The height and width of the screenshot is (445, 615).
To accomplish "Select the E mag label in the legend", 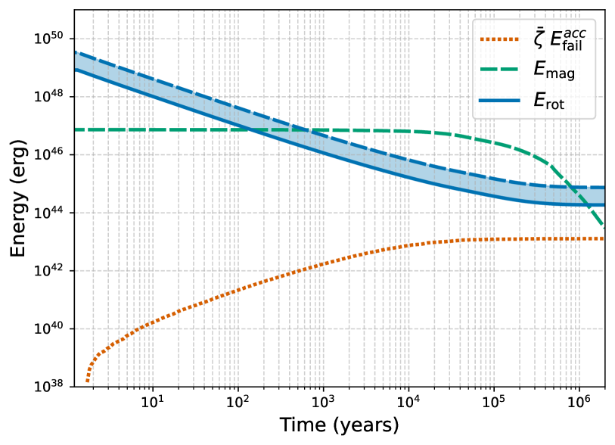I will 554,70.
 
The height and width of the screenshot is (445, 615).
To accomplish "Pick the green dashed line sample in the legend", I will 499,69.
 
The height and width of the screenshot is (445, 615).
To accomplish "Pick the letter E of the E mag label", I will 540,69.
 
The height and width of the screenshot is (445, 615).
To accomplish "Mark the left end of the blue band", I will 76,62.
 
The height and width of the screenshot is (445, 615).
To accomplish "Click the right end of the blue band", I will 604,197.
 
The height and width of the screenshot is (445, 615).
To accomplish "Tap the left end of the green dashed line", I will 76,129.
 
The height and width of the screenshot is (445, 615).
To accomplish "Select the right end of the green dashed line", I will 604,227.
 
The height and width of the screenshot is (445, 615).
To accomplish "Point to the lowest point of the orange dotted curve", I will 87,381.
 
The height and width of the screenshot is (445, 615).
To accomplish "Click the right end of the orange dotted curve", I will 604,238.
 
